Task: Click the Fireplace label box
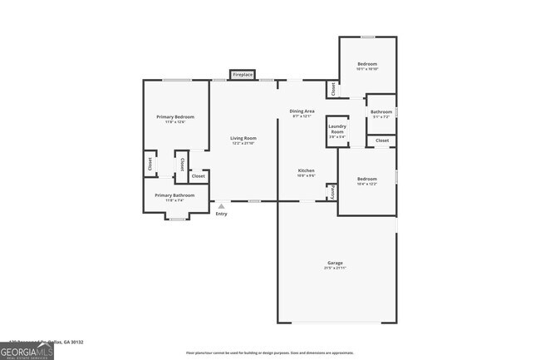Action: pos(242,75)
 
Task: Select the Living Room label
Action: pos(243,138)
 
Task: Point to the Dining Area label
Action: pos(302,111)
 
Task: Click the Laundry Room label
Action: pos(337,130)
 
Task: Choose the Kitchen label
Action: pos(306,170)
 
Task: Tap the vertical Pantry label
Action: pos(331,192)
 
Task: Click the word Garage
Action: pos(334,263)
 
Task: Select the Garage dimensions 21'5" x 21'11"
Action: pos(334,269)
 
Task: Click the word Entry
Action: pos(221,215)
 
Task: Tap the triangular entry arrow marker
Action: pos(221,206)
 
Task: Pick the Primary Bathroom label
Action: pos(174,195)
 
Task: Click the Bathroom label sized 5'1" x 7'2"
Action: pos(381,112)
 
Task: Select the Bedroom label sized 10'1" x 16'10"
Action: pos(367,65)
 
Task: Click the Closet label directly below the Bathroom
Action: pos(382,141)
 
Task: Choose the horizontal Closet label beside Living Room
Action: pos(199,176)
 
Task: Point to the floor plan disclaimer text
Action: pos(269,353)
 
